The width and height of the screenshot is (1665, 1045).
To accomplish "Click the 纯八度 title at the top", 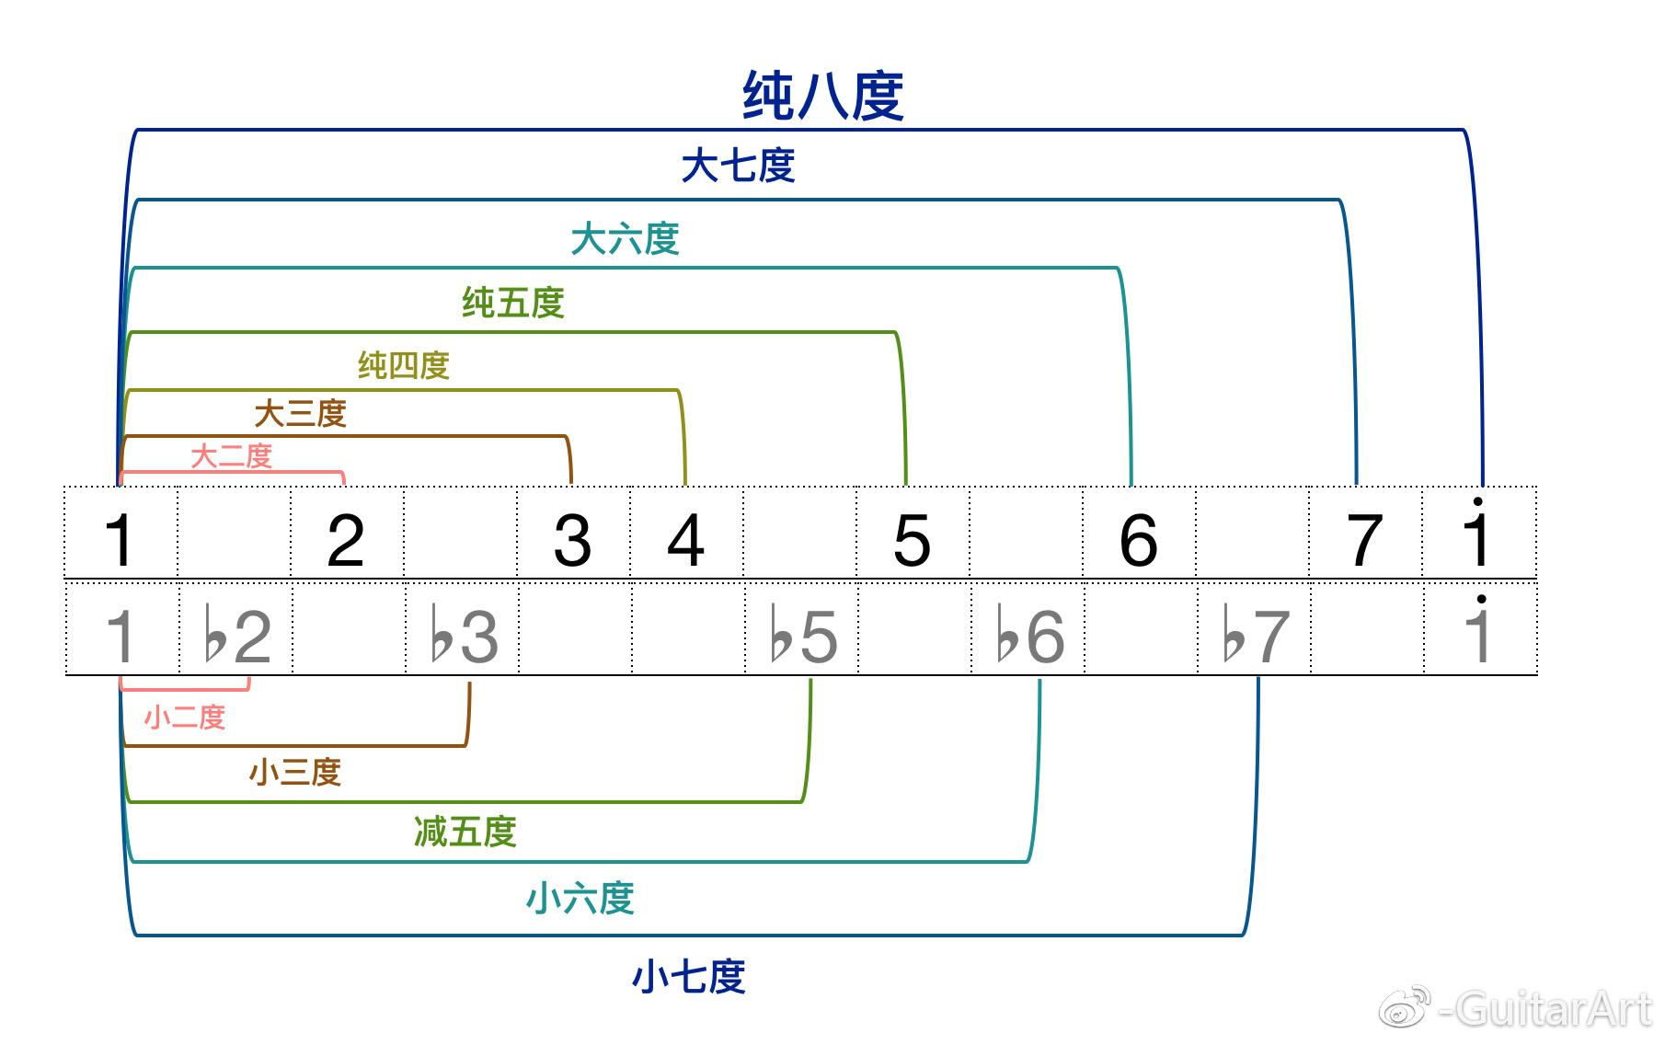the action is tap(822, 96).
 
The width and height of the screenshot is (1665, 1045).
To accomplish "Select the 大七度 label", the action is tap(738, 167).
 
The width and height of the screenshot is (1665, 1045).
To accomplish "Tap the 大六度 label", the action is tap(625, 239).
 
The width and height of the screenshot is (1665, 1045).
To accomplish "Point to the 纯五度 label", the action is tap(512, 303).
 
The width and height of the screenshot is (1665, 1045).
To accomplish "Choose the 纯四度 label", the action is tap(404, 365).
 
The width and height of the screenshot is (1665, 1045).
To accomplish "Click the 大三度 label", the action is tap(300, 413).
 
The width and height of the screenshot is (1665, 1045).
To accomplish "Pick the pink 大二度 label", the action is tap(231, 456).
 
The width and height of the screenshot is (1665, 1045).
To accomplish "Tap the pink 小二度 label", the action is tap(185, 717).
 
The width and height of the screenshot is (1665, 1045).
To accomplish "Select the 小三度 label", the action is tap(294, 772).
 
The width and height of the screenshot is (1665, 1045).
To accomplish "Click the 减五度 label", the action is tap(465, 832).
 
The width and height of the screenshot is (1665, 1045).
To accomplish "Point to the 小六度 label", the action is tap(580, 898).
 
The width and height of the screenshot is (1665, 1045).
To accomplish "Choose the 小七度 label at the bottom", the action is tap(688, 976).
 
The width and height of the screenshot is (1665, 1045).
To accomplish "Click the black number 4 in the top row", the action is tap(685, 540).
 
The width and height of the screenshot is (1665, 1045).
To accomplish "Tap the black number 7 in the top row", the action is tap(1364, 540).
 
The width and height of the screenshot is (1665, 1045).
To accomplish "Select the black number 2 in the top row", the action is tap(346, 540).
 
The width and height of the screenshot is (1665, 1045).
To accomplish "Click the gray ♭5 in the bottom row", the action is tap(804, 636).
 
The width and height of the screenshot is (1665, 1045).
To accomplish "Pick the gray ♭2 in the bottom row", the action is tap(237, 636).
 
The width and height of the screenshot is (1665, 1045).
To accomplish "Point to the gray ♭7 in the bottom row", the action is tap(1257, 636).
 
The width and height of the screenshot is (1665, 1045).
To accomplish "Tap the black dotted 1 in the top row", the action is tap(1476, 535).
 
